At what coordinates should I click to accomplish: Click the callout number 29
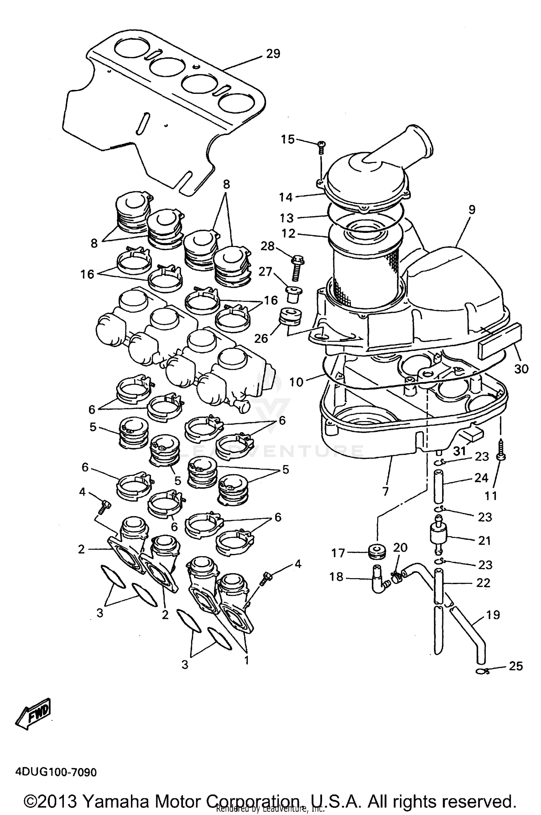pos(273,54)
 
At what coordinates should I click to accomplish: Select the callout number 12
pos(289,234)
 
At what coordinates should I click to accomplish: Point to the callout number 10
pos(297,382)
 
